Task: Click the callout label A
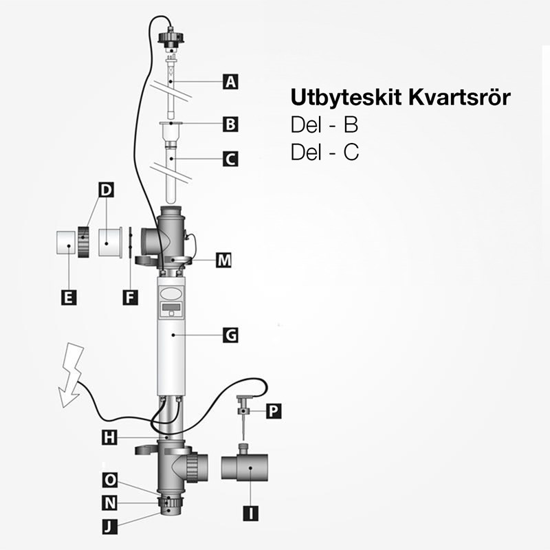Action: [231, 82]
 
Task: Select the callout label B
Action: [231, 124]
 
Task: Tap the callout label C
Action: [231, 159]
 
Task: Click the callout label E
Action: [67, 297]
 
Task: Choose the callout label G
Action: [231, 335]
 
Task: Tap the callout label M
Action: [223, 261]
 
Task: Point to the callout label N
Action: [109, 503]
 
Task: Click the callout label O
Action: [109, 479]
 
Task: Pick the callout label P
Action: [273, 410]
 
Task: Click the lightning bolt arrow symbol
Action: [70, 375]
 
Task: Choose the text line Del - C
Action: [325, 152]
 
